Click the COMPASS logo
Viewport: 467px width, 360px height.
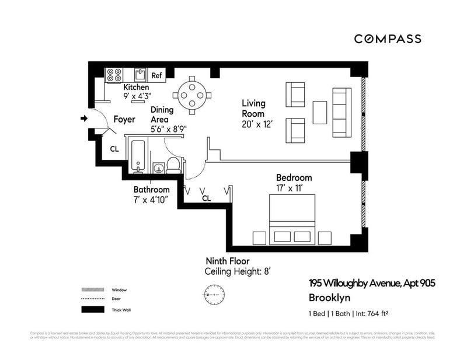pos(388,39)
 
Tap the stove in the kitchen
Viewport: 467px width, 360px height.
pos(114,75)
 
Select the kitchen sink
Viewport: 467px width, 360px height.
pos(140,74)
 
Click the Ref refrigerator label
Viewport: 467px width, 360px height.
pos(156,75)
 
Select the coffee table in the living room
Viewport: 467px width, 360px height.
pos(319,113)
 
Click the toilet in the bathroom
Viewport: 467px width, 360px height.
pos(173,165)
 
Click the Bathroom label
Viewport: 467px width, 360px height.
pos(152,190)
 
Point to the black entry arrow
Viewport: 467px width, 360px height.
pos(83,119)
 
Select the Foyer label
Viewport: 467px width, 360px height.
pos(124,119)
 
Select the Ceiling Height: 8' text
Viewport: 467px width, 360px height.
pos(238,272)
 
